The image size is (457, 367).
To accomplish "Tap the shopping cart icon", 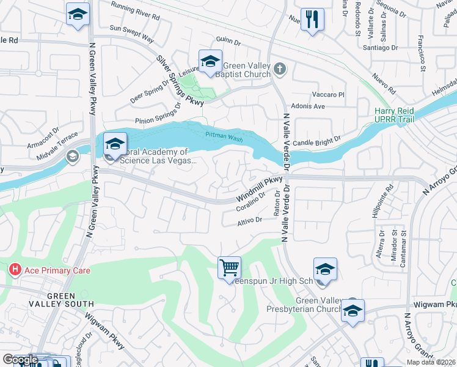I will pyautogui.click(x=229, y=267).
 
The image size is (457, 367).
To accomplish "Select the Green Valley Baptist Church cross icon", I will pyautogui.click(x=280, y=69).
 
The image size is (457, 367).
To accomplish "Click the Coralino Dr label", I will pyautogui.click(x=250, y=203).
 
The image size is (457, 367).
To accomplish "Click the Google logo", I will pyautogui.click(x=20, y=360).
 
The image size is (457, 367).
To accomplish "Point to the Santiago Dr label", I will pyautogui.click(x=380, y=47).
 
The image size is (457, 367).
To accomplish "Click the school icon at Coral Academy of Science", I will pyautogui.click(x=114, y=144).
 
